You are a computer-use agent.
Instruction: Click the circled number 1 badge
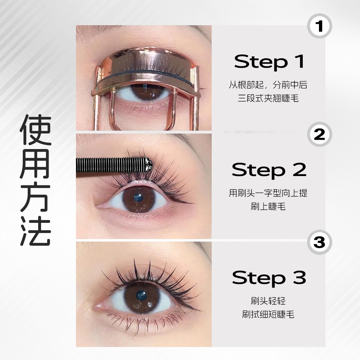319,26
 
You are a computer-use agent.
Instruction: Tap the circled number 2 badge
319,134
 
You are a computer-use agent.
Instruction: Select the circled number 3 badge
319,242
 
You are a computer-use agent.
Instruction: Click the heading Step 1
269,62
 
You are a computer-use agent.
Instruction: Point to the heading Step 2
269,170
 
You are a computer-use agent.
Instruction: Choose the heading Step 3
269,278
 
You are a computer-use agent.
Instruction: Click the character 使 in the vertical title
36,129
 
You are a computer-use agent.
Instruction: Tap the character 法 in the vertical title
36,231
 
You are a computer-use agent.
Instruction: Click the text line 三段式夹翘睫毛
268,99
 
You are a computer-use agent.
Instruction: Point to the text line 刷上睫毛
268,206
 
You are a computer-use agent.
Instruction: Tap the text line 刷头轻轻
268,301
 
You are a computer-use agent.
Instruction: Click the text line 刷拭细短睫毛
268,314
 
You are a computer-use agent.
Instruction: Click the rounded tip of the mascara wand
148,165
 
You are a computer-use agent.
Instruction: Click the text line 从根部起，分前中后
268,85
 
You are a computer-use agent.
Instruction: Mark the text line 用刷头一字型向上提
268,193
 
